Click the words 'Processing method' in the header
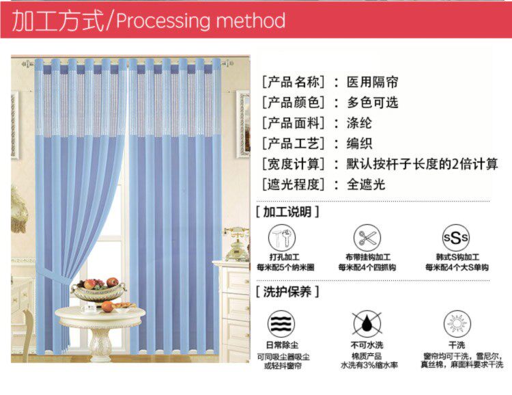(201, 21)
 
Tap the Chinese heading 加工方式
(58, 21)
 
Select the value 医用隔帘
(372, 83)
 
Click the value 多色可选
(372, 103)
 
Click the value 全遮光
(366, 184)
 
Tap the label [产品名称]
(294, 83)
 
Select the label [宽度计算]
(294, 164)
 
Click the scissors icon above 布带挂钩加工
(367, 238)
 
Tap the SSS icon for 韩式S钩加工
(456, 238)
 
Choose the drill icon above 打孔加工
(281, 238)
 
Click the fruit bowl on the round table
(98, 290)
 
